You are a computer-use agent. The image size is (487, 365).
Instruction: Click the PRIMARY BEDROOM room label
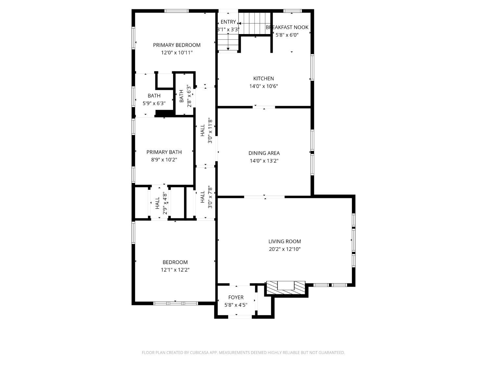(177, 45)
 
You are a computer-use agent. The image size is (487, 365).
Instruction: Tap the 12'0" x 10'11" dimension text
(177, 53)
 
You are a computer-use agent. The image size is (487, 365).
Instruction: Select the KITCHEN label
(263, 79)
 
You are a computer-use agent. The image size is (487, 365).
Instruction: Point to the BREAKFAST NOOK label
(287, 27)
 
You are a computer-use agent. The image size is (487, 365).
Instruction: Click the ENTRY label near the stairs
(228, 22)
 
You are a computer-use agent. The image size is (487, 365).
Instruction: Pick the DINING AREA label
(264, 153)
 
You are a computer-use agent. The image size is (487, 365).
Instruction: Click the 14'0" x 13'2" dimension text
(264, 161)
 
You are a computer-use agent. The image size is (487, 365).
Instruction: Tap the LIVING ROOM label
(284, 241)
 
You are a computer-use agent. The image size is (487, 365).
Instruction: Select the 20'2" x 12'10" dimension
(284, 249)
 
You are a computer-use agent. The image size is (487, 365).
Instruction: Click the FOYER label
(236, 297)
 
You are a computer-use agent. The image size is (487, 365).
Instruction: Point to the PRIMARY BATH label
(164, 152)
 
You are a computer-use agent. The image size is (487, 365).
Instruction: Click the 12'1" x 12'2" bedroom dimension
(175, 270)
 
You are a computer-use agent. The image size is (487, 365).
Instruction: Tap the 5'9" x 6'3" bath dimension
(154, 103)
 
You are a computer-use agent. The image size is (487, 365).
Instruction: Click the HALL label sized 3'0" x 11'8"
(203, 130)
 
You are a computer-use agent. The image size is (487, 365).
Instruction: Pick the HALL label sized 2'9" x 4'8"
(157, 203)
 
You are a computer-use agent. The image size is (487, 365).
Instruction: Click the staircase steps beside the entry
(255, 23)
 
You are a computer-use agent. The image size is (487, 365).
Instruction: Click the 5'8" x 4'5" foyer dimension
(236, 305)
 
